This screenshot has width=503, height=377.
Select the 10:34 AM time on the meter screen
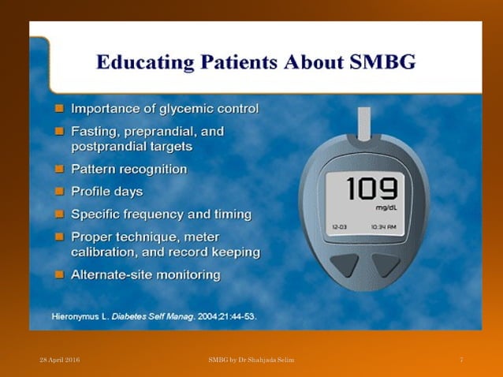pos(386,226)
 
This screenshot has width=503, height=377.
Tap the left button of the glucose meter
pos(345,264)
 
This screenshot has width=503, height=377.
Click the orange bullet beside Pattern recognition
pos(60,169)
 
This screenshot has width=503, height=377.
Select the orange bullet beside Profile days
pos(60,191)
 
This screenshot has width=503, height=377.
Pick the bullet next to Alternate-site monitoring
pos(60,274)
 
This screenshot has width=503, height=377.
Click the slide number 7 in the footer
pos(461,360)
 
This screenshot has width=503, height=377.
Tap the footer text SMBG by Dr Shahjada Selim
pos(251,360)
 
